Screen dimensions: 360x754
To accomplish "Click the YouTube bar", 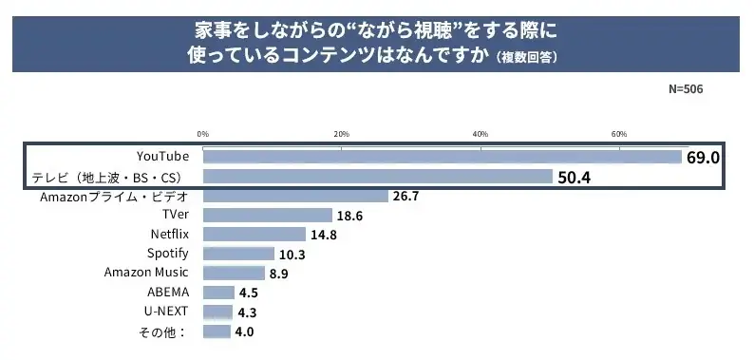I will pyautogui.click(x=442, y=157).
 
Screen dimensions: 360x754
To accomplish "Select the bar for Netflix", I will pyautogui.click(x=254, y=235).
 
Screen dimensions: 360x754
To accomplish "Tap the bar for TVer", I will pyautogui.click(x=268, y=216).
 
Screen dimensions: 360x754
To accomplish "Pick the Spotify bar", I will pyautogui.click(x=238, y=254).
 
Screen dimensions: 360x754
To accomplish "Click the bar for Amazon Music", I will pyautogui.click(x=234, y=274).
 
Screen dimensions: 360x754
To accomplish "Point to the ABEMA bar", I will pyautogui.click(x=218, y=293).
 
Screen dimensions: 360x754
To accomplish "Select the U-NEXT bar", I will pyautogui.click(x=217, y=312).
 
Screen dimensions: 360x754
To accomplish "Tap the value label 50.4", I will pyautogui.click(x=574, y=177).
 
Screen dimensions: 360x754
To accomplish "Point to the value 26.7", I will pyautogui.click(x=405, y=197).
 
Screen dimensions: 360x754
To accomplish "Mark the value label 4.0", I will pyautogui.click(x=245, y=332).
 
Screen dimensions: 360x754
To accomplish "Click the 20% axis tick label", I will pyautogui.click(x=342, y=133).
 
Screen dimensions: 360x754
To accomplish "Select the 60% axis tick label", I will pyautogui.click(x=619, y=133).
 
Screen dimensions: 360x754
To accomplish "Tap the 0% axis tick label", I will pyautogui.click(x=203, y=133).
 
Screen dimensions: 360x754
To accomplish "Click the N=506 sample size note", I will pyautogui.click(x=687, y=88).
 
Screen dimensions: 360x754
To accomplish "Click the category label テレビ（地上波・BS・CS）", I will pyautogui.click(x=106, y=177).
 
